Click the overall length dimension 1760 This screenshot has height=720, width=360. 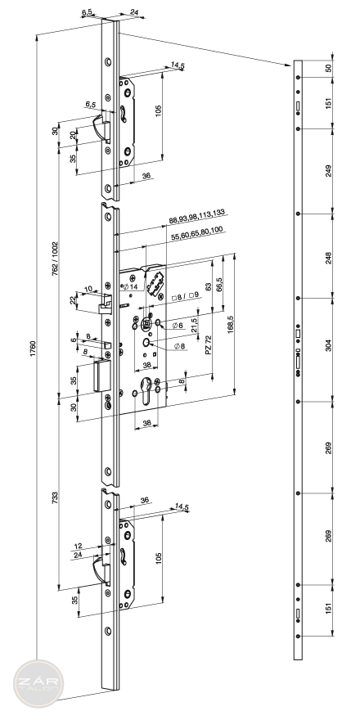pos(33,350)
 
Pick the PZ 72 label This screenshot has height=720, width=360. pos(209,344)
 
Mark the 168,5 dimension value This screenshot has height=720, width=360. pos(231,324)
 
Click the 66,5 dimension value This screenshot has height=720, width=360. pos(219,286)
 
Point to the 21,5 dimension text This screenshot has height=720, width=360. pos(194,326)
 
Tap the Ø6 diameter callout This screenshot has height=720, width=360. pos(178,325)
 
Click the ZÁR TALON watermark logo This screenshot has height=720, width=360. pos(38,683)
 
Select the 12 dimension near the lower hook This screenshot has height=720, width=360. pos(78,546)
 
